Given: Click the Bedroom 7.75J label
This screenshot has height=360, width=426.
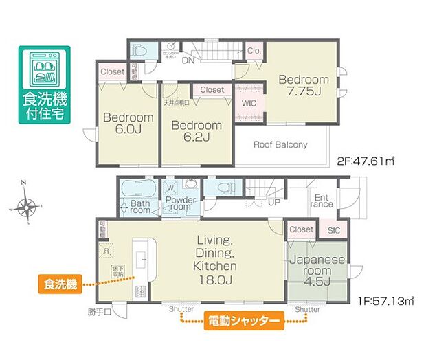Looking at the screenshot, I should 303,87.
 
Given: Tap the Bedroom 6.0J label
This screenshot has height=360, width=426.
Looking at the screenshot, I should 128,124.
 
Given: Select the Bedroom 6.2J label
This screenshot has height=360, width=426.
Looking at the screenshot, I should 197,131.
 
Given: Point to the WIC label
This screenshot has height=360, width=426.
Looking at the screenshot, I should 249,104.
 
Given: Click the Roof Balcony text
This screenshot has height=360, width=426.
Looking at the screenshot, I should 280,145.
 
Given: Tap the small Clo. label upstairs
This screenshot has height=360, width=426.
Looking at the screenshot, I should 254,50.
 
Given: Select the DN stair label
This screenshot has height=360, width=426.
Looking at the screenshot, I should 187,60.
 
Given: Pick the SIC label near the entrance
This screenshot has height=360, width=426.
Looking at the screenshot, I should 334,230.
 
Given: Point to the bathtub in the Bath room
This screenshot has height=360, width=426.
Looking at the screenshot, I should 139,188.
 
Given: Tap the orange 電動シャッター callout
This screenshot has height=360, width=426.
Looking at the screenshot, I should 243,321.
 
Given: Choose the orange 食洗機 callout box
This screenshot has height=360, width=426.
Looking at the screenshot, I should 58,283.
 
